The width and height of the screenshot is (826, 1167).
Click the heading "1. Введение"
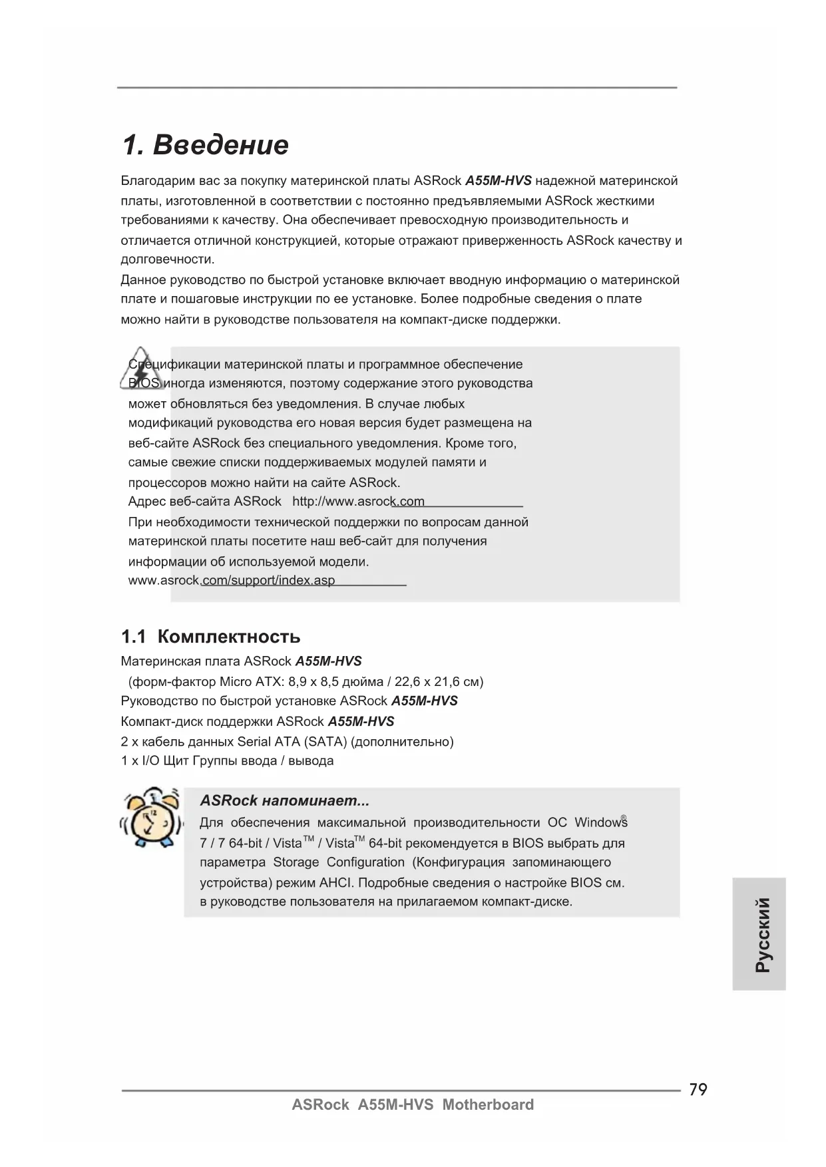[205, 145]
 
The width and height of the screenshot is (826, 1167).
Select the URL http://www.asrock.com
[358, 501]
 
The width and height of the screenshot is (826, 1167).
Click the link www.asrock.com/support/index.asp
[232, 580]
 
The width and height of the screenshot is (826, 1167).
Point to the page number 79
[698, 1089]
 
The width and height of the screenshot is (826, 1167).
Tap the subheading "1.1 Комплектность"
[210, 637]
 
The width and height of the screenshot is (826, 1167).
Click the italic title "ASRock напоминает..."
[284, 800]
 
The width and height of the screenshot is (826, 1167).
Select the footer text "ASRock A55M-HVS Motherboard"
[413, 1105]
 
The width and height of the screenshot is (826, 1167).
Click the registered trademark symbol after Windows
[624, 818]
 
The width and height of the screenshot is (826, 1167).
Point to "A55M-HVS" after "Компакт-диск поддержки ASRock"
[361, 721]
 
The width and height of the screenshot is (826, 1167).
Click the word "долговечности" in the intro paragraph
[166, 259]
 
